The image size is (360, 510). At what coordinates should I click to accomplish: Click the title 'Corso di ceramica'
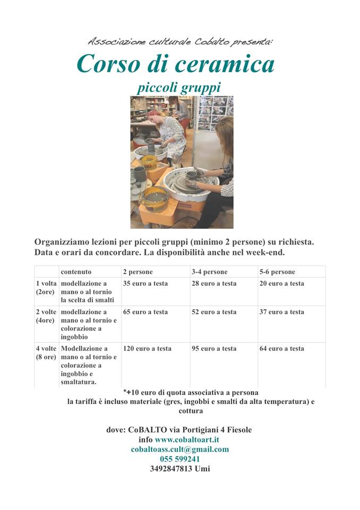tap(175, 64)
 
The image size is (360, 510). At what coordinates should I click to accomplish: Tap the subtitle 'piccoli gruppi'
tap(178, 87)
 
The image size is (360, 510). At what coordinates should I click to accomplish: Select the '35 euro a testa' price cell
tap(145, 284)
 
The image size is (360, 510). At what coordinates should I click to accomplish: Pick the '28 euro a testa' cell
tap(214, 284)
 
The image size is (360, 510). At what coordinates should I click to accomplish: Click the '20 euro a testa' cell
tap(282, 284)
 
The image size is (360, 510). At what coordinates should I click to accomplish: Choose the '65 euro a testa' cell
tap(145, 312)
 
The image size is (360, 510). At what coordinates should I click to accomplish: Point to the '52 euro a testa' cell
tap(214, 312)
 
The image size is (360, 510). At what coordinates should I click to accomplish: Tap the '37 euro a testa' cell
tap(282, 312)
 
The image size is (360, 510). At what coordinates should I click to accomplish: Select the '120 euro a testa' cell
tap(147, 349)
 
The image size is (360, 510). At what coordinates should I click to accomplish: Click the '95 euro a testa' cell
tap(214, 349)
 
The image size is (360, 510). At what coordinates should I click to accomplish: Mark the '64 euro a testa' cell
tap(282, 349)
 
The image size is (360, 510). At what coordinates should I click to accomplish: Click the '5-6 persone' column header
tap(277, 271)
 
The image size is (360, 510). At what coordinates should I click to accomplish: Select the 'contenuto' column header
tap(76, 271)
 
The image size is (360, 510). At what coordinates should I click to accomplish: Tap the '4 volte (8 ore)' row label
tap(46, 353)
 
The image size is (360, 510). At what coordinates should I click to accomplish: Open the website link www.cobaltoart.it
tap(187, 440)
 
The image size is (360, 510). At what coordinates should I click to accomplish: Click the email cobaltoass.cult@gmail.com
tap(180, 449)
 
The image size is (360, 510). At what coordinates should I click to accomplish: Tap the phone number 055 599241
tap(180, 459)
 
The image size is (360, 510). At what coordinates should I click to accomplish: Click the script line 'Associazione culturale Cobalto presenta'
tap(180, 41)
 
